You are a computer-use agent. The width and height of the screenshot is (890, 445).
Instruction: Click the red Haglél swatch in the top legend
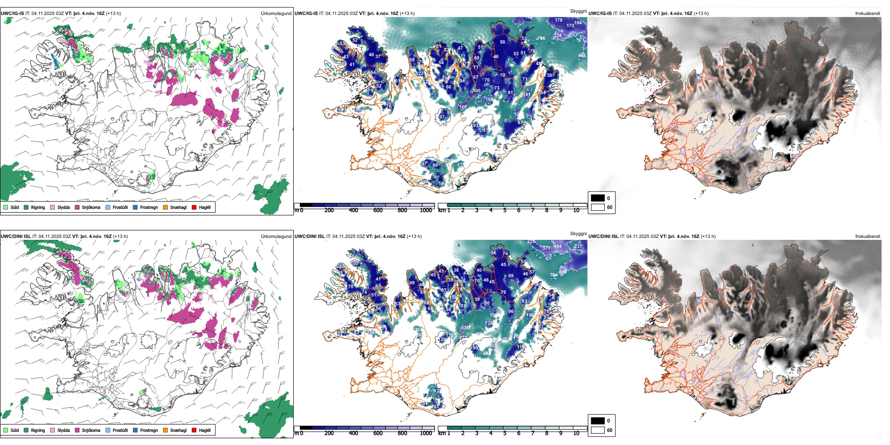pos(194,207)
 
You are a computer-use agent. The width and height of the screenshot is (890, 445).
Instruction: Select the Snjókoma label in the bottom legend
pos(91,430)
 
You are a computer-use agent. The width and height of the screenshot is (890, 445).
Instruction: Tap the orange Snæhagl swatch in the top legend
pos(165,207)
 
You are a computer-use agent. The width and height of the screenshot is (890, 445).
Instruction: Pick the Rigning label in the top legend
pos(38,207)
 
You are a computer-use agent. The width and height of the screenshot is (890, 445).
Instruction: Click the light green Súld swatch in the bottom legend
pos(6,430)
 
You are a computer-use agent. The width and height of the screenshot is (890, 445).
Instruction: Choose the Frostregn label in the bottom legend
pos(149,430)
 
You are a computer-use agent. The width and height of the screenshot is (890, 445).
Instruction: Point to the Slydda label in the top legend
pos(64,207)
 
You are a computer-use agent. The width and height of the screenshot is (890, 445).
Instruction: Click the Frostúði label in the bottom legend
pos(120,430)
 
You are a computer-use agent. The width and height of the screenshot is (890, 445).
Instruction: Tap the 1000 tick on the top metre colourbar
pos(426,210)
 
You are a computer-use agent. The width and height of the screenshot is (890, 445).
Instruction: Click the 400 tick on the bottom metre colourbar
pos(353,433)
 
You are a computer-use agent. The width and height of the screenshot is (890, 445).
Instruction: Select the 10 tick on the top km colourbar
pos(576,210)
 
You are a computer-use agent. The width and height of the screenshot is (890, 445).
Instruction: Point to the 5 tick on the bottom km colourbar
pos(505,433)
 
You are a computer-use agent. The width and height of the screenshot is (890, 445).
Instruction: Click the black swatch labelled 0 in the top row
pos(598,198)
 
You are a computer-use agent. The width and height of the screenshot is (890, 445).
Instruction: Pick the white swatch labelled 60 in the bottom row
pos(598,430)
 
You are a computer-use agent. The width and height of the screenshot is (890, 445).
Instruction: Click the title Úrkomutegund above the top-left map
pos(276,13)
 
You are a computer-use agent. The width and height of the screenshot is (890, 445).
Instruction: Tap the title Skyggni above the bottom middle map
pos(578,233)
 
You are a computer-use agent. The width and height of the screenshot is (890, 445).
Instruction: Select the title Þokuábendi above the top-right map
pos(868,13)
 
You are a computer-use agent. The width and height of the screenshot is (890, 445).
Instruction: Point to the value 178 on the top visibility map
pos(559,20)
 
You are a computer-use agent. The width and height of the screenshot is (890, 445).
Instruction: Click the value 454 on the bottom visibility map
pos(557,246)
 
